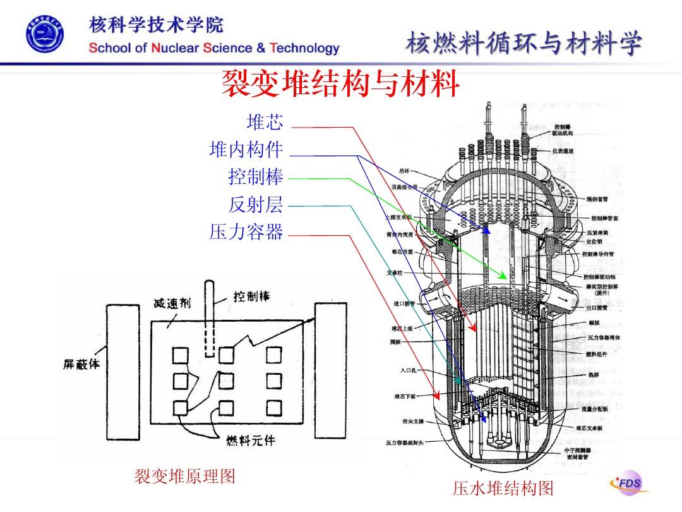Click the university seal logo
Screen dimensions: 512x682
click(45, 35)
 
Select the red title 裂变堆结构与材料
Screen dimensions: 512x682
click(340, 85)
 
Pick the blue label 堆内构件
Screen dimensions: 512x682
click(246, 150)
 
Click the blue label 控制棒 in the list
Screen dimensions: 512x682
click(255, 178)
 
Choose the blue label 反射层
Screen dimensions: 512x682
click(255, 205)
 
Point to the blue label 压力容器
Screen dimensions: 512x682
click(246, 233)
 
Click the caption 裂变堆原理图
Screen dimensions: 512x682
click(184, 476)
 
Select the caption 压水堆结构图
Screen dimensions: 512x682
click(503, 489)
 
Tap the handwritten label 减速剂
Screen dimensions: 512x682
click(171, 303)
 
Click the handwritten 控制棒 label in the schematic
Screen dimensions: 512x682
click(251, 296)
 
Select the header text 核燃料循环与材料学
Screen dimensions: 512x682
click(524, 45)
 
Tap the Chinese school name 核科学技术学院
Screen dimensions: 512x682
click(156, 26)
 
